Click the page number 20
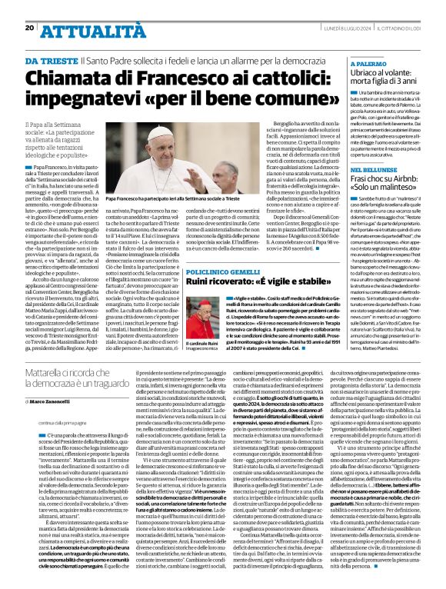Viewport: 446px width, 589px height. pyautogui.click(x=29, y=28)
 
